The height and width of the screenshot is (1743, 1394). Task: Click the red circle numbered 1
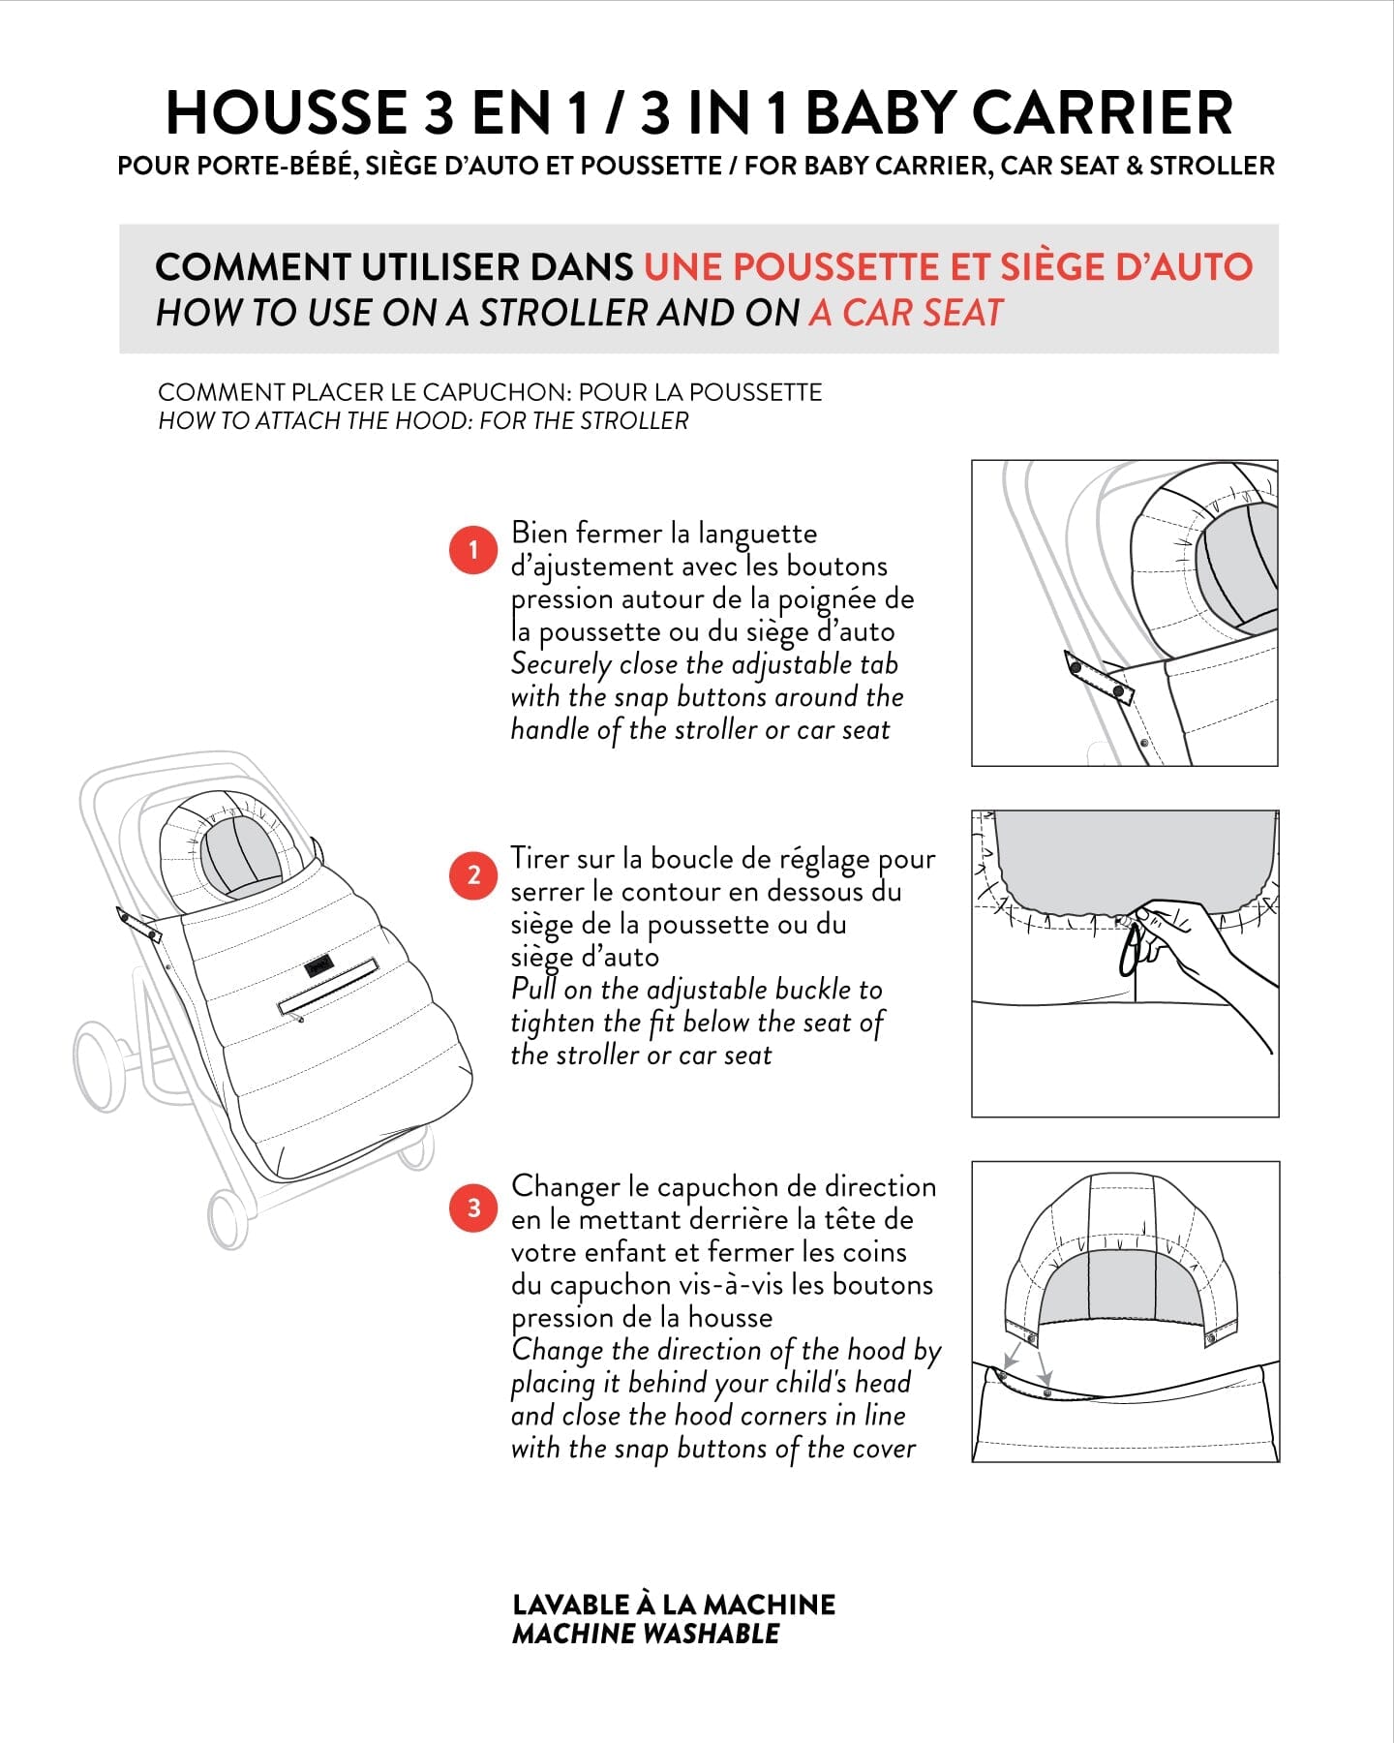473,550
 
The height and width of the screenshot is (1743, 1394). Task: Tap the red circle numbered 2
473,875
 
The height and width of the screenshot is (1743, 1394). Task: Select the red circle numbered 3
473,1208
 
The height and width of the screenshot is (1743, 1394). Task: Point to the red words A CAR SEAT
906,313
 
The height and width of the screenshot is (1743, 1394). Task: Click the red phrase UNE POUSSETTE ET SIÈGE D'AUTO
948,266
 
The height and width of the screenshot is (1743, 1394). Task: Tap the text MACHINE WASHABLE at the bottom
646,1635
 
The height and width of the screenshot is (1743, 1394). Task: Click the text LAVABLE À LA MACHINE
674,1605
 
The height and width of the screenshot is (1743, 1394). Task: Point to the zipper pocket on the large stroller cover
328,986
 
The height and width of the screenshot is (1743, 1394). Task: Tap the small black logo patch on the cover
318,964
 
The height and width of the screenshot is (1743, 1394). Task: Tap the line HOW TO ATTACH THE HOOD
423,421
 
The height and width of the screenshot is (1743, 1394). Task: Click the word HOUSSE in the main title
287,112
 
